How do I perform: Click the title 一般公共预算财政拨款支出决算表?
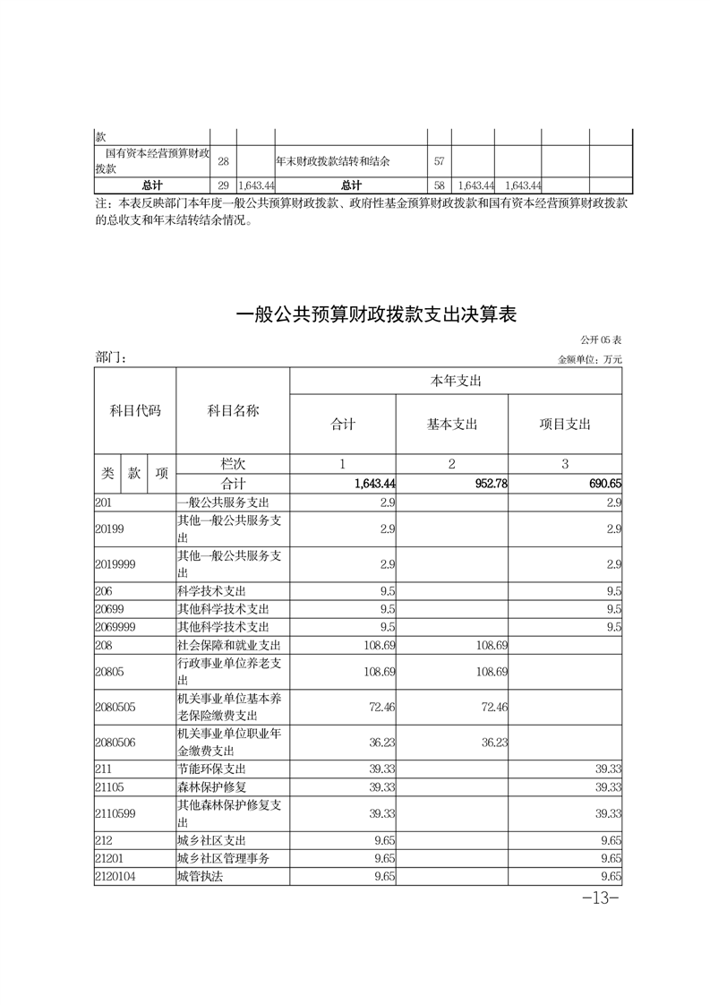click(x=376, y=315)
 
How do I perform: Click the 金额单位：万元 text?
click(x=589, y=359)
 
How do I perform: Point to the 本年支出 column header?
click(x=456, y=382)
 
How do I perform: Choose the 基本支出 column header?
click(x=452, y=425)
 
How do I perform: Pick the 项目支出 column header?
click(x=565, y=425)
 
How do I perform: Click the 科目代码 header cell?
click(x=135, y=410)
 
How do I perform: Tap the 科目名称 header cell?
click(x=233, y=410)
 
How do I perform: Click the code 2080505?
click(x=115, y=707)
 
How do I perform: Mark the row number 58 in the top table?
click(x=439, y=185)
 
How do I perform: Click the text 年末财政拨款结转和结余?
click(x=338, y=162)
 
